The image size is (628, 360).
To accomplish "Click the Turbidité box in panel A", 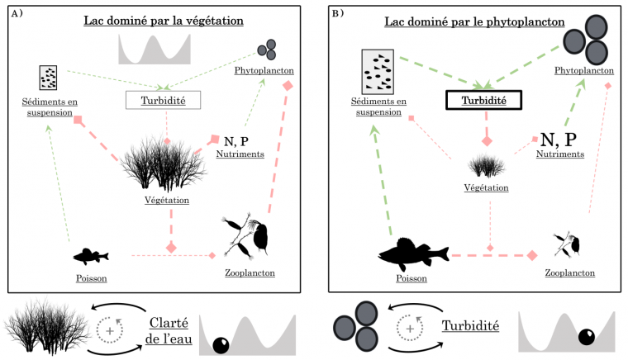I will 165,100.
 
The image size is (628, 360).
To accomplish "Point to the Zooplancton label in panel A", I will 250,272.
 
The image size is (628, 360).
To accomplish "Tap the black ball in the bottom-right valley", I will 587,336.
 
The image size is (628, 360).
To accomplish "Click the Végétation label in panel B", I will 485,188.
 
